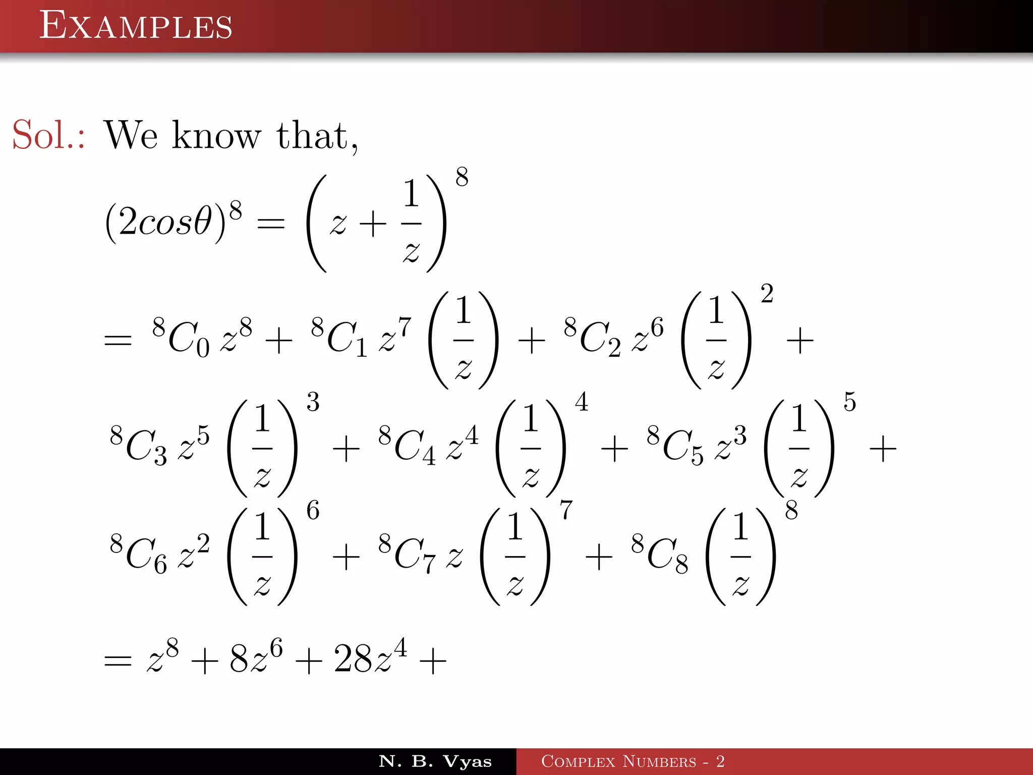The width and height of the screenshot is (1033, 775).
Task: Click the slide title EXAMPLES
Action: [136, 26]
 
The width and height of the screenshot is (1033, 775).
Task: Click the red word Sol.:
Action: [48, 135]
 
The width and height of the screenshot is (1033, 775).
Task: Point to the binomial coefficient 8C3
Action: [138, 446]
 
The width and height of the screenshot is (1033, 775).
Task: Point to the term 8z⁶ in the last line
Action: [256, 658]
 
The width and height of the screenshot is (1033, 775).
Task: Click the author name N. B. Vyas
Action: [435, 761]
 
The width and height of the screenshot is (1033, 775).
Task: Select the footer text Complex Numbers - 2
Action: [633, 761]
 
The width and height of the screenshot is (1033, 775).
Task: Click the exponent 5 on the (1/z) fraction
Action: [850, 402]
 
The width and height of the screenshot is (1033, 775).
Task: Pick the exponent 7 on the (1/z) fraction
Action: [566, 510]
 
